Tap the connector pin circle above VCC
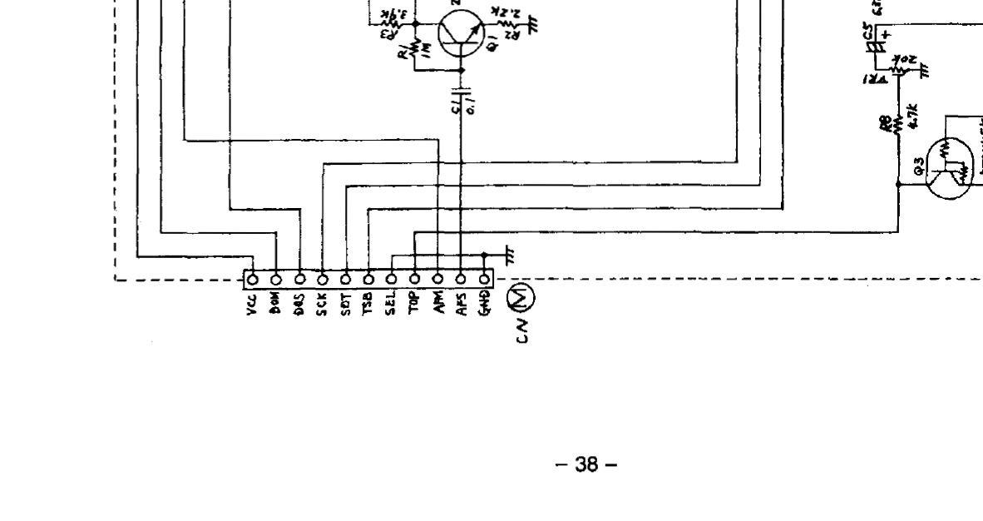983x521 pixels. [253, 278]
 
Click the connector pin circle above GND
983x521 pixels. [485, 278]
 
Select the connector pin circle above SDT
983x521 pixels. [346, 278]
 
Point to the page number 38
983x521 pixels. [586, 465]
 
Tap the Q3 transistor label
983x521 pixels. [919, 171]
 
